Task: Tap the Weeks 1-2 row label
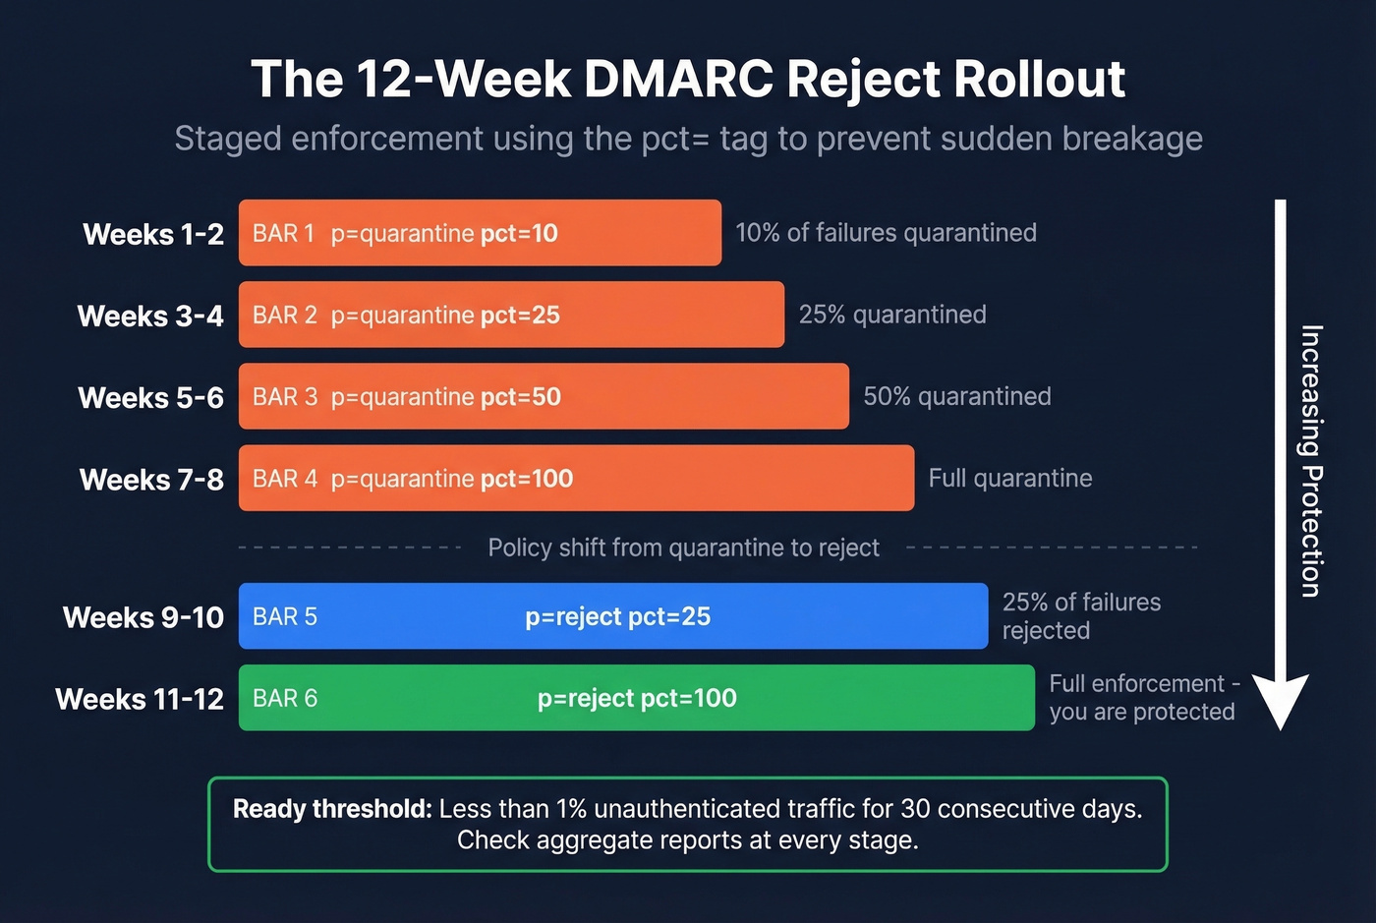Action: pyautogui.click(x=153, y=234)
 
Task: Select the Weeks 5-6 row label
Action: pyautogui.click(x=150, y=397)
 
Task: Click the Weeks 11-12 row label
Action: pyautogui.click(x=140, y=699)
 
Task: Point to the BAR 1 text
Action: pyautogui.click(x=283, y=233)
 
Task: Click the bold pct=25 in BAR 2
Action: pyautogui.click(x=520, y=315)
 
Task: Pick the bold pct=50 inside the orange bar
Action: pyautogui.click(x=520, y=396)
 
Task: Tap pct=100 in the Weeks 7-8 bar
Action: pyautogui.click(x=526, y=479)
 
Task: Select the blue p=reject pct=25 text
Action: pyautogui.click(x=617, y=616)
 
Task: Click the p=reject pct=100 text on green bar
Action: pyautogui.click(x=637, y=698)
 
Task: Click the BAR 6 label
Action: pyautogui.click(x=285, y=698)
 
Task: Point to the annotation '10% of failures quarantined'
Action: pyautogui.click(x=886, y=233)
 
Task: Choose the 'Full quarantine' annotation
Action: pyautogui.click(x=1009, y=478)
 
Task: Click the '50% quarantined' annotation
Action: pyautogui.click(x=956, y=396)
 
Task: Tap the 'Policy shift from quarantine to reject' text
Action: pyautogui.click(x=683, y=548)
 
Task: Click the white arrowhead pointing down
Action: pyautogui.click(x=1280, y=700)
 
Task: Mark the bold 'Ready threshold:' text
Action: pyautogui.click(x=332, y=809)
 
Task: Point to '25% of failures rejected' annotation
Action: pyautogui.click(x=1081, y=615)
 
